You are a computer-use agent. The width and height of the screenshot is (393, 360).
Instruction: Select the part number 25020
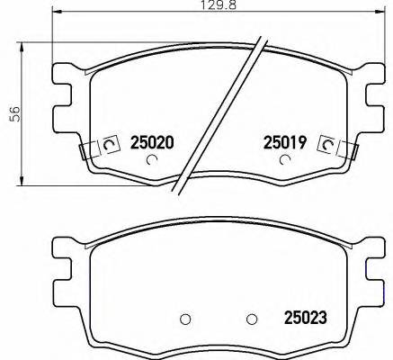click(x=152, y=142)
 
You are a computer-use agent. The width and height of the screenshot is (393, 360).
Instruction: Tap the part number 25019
click(x=285, y=142)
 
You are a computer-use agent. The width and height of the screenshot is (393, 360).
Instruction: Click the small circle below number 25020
click(x=152, y=161)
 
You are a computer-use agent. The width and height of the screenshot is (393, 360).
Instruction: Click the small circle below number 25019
click(x=285, y=161)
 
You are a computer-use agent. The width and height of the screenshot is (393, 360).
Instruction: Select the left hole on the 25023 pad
click(x=185, y=318)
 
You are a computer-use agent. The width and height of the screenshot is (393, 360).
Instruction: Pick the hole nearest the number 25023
click(x=252, y=318)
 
